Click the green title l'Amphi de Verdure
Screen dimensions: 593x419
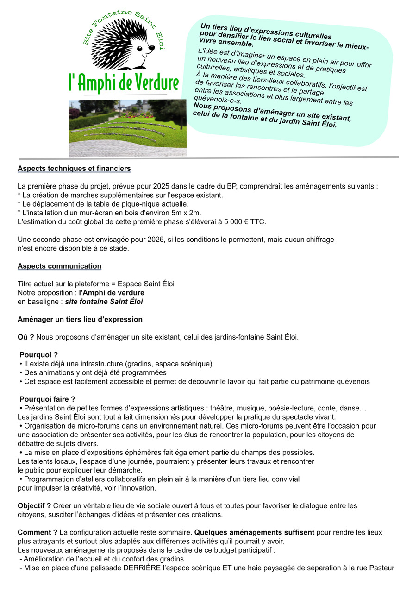click(x=123, y=82)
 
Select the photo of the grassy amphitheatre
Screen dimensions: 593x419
click(x=128, y=128)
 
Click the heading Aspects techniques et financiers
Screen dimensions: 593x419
click(x=74, y=169)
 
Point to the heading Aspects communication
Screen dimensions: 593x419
click(x=59, y=266)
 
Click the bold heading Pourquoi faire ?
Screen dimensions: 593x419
click(x=47, y=399)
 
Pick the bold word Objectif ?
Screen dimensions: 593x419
click(x=34, y=505)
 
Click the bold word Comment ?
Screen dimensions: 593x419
click(x=38, y=532)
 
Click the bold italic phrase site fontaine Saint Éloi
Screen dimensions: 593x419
click(x=104, y=302)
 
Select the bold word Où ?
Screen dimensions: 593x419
click(x=26, y=337)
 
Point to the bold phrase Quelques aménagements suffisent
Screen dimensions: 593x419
click(x=254, y=532)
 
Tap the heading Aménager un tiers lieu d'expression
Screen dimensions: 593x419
click(x=80, y=319)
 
